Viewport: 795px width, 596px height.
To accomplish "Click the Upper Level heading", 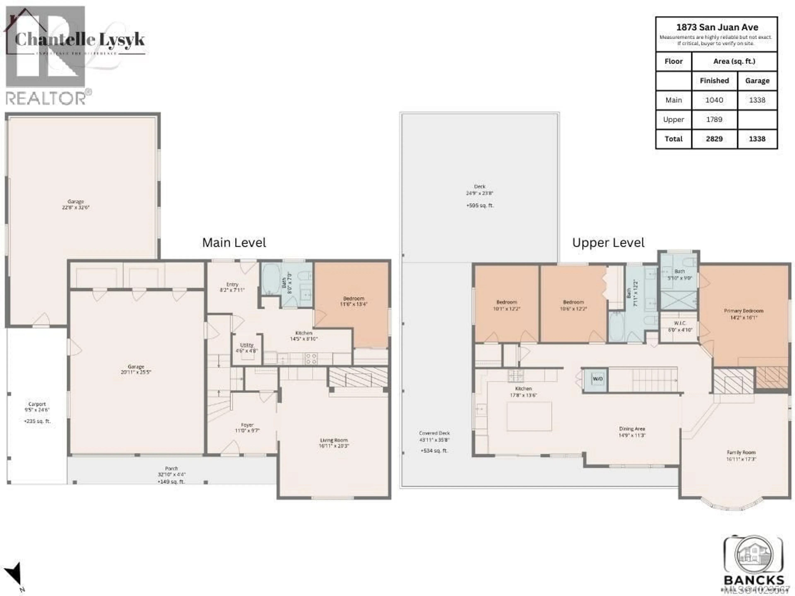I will pos(608,243).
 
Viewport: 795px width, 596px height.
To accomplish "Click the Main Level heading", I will pos(234,243).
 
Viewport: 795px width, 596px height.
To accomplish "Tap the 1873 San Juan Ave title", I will pos(717,27).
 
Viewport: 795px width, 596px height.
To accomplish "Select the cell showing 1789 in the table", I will pos(714,120).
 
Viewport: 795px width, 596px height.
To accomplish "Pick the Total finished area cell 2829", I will pos(714,139).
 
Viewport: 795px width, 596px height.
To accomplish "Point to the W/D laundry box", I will pos(597,379).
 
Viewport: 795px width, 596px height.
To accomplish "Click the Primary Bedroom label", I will pos(743,311).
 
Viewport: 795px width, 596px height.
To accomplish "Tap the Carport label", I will pos(37,404).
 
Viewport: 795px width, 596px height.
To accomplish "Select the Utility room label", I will pos(247,345).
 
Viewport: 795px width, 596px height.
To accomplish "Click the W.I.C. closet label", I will pos(680,323).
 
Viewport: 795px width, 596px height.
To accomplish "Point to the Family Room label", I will pos(741,453).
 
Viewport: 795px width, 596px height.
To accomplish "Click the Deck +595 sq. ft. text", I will pos(480,205).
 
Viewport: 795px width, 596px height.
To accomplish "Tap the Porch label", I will pos(171,469).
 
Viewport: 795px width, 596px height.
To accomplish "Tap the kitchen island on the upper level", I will pos(529,416).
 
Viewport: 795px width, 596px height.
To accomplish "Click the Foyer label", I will pos(247,425).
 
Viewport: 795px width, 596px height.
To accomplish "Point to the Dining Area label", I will pos(632,429).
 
